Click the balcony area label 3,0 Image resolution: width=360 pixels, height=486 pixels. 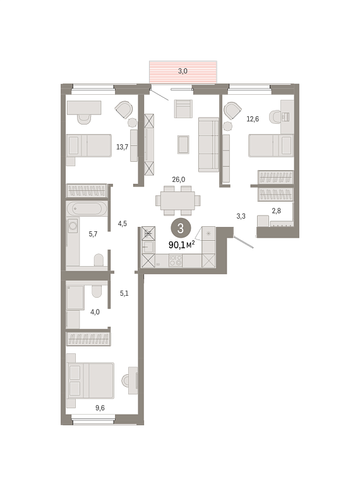point(183,71)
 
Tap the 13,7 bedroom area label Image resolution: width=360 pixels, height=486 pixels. point(122,147)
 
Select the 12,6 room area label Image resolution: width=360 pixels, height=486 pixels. point(253,119)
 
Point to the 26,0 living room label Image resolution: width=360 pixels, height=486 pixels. point(179,179)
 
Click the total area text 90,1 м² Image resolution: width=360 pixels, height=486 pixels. point(181,245)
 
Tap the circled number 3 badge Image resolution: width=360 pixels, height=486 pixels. point(181,229)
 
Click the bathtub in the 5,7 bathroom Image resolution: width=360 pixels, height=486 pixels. point(87,209)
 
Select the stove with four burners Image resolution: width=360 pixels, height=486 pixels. point(176,260)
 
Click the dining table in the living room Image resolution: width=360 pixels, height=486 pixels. point(177,200)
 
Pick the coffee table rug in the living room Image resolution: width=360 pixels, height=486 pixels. point(183,145)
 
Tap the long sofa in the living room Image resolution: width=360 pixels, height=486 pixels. point(208,145)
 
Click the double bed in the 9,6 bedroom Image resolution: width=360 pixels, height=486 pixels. point(90,380)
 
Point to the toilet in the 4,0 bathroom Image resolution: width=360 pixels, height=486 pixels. point(97,291)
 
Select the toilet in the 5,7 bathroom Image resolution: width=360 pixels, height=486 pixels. point(99,260)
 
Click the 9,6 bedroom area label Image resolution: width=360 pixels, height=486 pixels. point(100,408)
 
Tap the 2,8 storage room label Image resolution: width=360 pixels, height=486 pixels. point(276,210)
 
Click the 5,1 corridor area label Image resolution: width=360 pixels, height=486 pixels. point(124,293)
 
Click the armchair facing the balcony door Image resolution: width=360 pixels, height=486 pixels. point(183,109)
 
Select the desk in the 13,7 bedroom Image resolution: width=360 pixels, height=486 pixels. point(84,107)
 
